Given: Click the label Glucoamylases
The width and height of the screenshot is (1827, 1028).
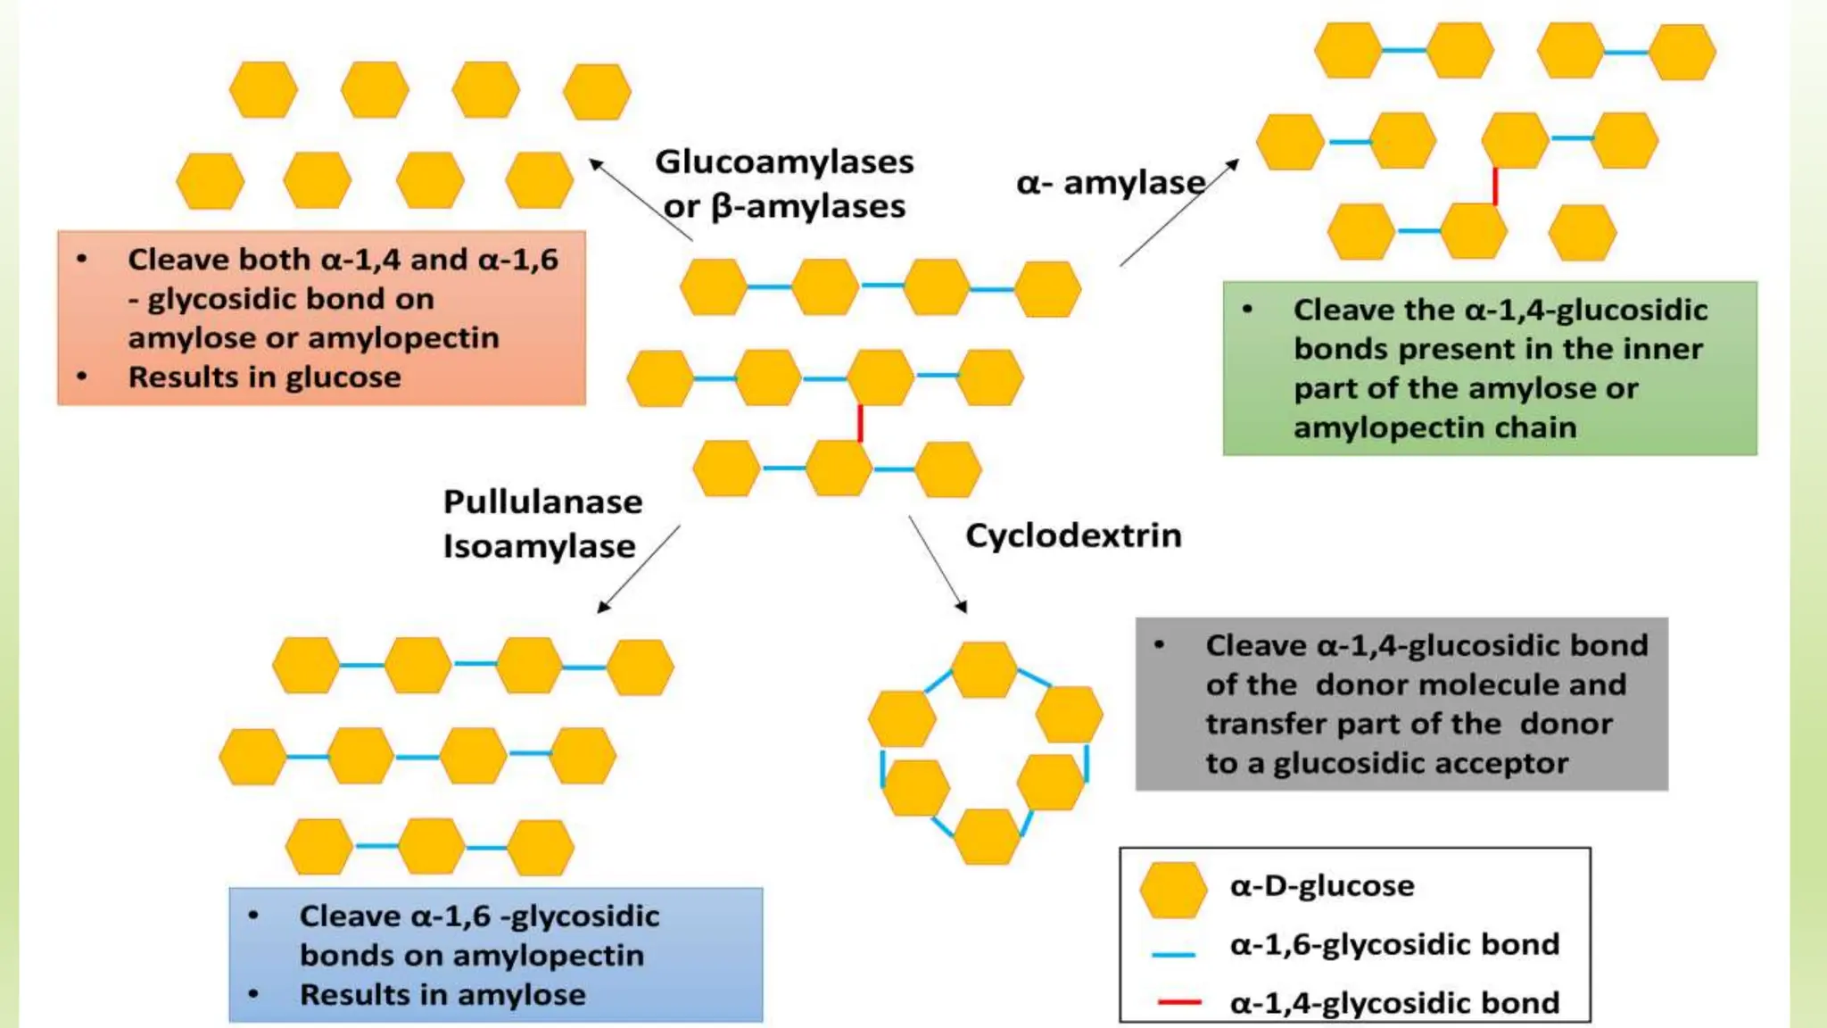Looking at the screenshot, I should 784,162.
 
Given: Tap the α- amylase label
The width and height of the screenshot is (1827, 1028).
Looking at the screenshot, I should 1111,183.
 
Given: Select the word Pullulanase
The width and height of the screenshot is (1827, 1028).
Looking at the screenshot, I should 542,502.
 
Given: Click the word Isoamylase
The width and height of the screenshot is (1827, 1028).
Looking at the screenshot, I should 539,546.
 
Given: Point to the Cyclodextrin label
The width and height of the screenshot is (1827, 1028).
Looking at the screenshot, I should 1073,535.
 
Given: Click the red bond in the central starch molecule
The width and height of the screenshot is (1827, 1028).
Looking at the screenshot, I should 860,423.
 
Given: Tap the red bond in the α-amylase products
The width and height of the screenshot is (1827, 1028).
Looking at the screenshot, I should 1495,186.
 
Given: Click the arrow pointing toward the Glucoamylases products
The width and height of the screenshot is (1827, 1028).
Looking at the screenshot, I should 639,200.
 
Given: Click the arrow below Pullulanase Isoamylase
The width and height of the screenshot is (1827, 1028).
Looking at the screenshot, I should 639,568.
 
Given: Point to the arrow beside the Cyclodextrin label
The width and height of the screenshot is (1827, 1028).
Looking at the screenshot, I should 938,564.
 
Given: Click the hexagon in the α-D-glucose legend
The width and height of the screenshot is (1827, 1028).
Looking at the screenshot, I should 1173,890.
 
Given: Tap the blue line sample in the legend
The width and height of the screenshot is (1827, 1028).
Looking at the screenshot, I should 1173,955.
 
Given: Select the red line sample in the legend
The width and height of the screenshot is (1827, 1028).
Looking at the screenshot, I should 1178,1003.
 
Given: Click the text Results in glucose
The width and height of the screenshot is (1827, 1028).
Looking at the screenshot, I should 264,377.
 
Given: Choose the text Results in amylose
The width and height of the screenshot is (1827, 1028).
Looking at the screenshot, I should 442,995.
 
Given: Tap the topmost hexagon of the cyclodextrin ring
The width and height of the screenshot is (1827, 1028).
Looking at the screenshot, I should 985,669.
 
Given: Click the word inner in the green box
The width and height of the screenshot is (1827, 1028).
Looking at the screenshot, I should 1666,349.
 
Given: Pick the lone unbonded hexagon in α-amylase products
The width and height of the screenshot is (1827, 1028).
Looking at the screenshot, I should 1582,232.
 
